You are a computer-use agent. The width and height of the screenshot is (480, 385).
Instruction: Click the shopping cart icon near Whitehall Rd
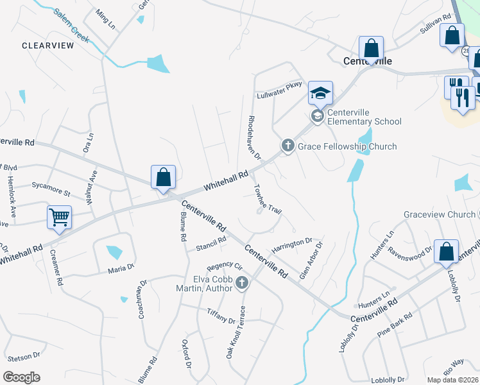tap(59, 218)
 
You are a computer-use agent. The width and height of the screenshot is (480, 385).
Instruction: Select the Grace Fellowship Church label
tap(347, 146)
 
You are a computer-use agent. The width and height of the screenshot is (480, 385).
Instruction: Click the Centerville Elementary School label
tap(364, 117)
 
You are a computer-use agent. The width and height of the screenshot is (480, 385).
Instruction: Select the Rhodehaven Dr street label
tap(255, 137)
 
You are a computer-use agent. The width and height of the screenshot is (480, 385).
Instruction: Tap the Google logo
tap(21, 377)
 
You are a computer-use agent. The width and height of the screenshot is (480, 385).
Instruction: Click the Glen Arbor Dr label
tap(311, 261)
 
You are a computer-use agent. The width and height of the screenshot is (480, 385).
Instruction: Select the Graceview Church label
tap(440, 214)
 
